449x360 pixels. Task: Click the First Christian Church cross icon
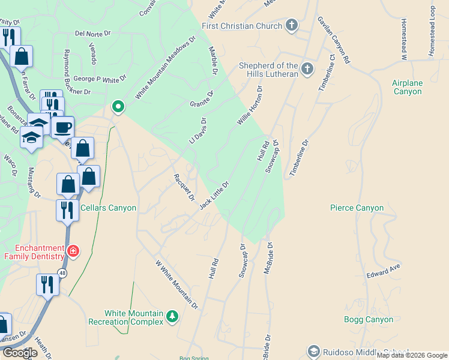tap(292, 26)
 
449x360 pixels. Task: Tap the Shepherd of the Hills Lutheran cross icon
tap(307, 69)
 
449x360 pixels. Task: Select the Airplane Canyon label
tap(408, 87)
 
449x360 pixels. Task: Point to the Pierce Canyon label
tap(357, 208)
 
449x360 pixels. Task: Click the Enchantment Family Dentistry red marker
tap(73, 251)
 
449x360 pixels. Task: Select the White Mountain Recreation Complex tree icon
tap(173, 316)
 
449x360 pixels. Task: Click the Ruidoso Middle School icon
tap(313, 352)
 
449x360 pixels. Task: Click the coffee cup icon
tap(63, 127)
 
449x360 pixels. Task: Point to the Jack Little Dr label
tap(214, 196)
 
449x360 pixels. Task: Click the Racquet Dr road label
tap(184, 187)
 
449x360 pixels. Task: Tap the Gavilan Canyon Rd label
tap(333, 40)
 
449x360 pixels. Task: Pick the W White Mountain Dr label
tap(176, 284)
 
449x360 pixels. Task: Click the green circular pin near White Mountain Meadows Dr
tap(118, 107)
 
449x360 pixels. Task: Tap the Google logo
tap(20, 353)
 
